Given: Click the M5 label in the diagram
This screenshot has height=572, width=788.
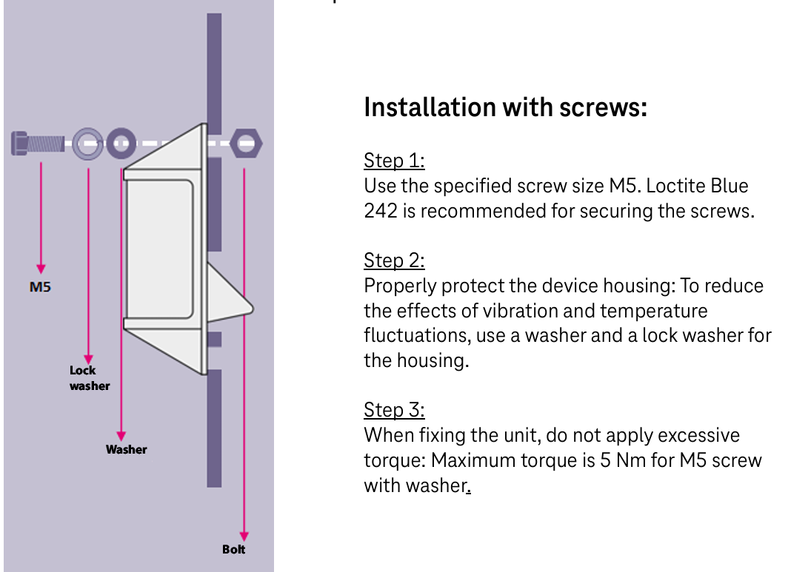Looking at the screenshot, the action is tap(40, 287).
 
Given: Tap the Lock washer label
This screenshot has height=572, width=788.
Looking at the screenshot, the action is tap(90, 378).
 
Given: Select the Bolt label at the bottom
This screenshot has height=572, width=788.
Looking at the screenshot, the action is tap(234, 549).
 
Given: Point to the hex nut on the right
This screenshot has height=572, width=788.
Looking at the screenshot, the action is tap(246, 143).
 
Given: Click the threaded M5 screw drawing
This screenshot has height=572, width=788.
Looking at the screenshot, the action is tap(38, 144).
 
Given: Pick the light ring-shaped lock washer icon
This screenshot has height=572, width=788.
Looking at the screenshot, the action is tap(88, 144).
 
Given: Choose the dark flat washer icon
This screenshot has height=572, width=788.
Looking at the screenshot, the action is tap(121, 144).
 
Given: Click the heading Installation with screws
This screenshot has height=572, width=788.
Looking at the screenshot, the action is tap(506, 107).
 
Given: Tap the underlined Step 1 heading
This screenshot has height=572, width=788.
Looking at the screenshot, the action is tap(394, 161).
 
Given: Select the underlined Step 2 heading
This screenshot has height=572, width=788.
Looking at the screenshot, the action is tap(394, 260).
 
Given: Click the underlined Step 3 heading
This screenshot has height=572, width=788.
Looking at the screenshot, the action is tap(394, 410).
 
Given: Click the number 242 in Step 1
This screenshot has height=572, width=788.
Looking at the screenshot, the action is tap(381, 211).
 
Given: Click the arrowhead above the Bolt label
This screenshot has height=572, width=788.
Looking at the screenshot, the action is tap(244, 536).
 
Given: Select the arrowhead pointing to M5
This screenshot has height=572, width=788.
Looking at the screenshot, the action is tap(41, 269).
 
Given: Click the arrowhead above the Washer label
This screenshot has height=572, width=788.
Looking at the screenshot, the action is tap(121, 436).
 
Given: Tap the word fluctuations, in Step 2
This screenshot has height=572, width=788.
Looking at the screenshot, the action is tap(417, 335).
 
